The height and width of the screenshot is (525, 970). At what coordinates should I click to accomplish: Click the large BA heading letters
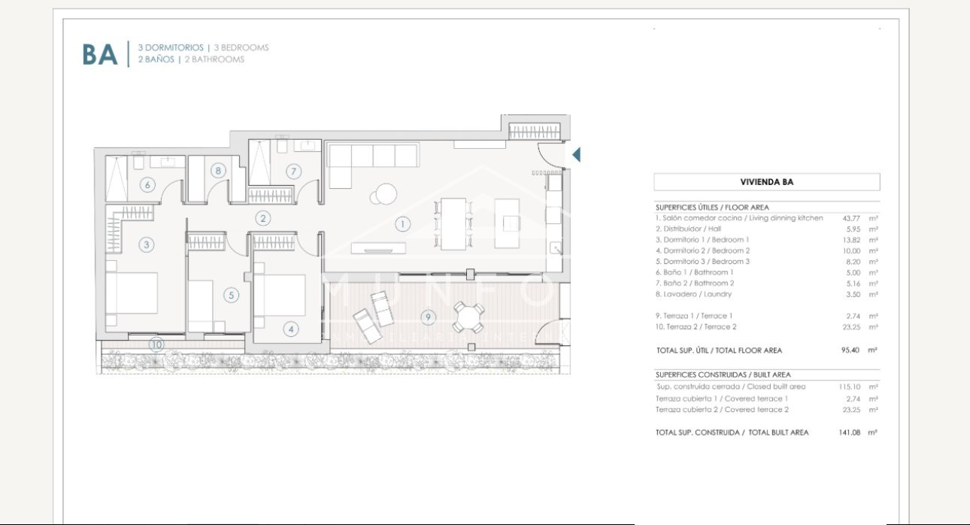tap(100, 54)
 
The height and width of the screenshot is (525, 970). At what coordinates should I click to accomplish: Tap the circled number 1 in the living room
tap(403, 223)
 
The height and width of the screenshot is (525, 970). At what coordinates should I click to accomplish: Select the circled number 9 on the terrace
tap(428, 317)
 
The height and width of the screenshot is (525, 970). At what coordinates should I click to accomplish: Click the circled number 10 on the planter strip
tap(156, 345)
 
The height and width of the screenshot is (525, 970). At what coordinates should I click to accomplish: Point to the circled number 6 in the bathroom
tap(147, 185)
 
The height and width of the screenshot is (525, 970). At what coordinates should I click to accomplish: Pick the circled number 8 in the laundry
tap(217, 171)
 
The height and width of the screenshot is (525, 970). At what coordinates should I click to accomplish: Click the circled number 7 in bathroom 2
tap(293, 171)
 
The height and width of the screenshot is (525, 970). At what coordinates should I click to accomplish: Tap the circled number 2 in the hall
tap(262, 219)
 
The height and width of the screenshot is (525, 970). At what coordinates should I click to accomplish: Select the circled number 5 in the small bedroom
tap(232, 296)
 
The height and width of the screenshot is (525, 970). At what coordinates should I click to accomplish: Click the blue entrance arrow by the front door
tap(576, 155)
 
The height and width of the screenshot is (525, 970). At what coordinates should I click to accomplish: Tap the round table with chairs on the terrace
tap(469, 317)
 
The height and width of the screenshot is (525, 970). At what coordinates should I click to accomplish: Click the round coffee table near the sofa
tap(386, 195)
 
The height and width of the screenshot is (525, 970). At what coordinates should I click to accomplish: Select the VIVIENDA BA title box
tap(766, 182)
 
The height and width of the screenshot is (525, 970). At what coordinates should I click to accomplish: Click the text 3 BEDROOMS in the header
tap(241, 47)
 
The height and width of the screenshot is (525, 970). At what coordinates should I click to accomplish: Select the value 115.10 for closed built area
tap(849, 387)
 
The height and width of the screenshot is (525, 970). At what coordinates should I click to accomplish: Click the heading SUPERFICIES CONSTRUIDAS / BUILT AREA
tap(723, 375)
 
